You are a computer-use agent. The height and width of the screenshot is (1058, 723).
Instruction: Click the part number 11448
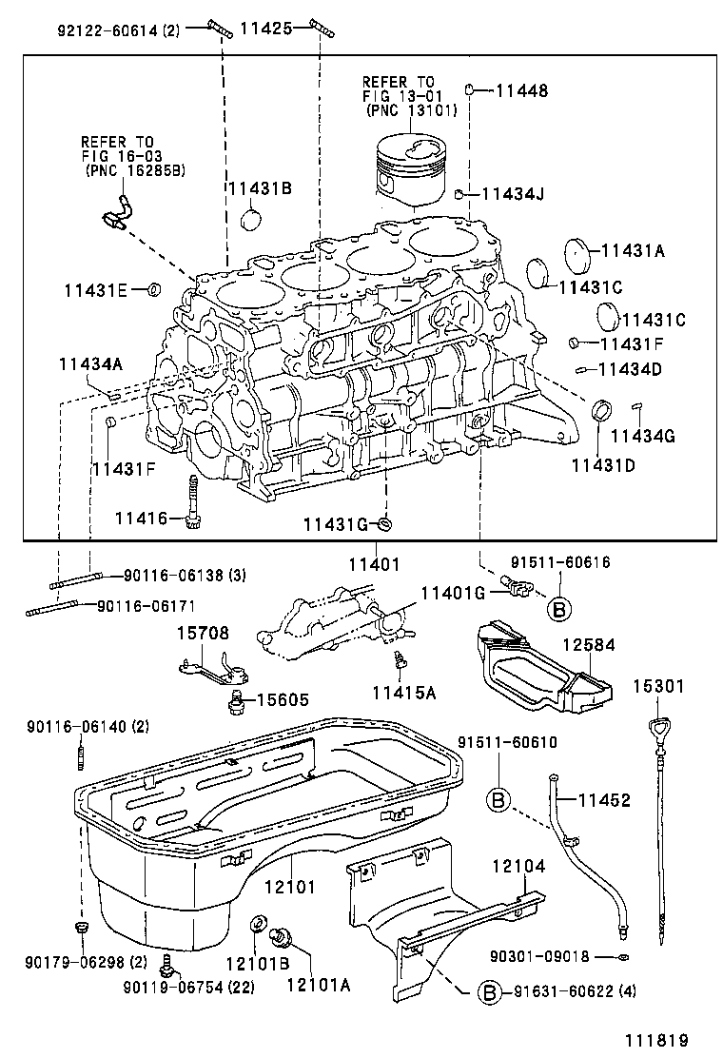(x=522, y=91)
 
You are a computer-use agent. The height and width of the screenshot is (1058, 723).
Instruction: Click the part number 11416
(x=141, y=518)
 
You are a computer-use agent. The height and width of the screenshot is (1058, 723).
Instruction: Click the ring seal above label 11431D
(x=600, y=412)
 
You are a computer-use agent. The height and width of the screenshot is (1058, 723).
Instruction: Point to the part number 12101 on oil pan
(x=288, y=887)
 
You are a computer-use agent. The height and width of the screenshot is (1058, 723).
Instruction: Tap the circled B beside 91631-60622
(x=487, y=992)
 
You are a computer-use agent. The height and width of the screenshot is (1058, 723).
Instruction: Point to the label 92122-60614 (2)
(x=118, y=29)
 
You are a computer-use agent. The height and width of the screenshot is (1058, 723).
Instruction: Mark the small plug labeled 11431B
(x=251, y=222)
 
